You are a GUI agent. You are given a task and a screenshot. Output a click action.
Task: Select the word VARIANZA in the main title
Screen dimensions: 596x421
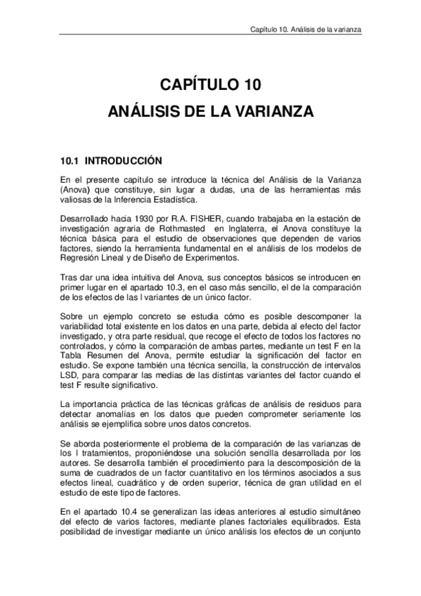click(271, 112)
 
